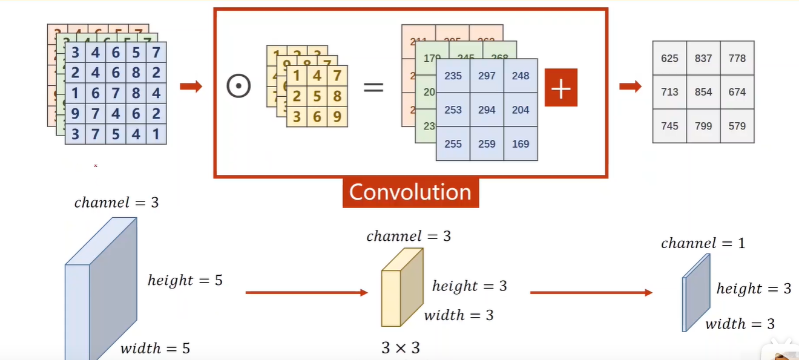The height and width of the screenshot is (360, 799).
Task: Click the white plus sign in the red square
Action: (x=561, y=88)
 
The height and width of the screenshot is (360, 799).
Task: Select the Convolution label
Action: (x=410, y=192)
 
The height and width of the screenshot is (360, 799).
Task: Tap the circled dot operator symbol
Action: (x=238, y=87)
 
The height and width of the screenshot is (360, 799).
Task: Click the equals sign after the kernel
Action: (x=373, y=87)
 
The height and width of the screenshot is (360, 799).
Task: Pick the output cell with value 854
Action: (x=703, y=92)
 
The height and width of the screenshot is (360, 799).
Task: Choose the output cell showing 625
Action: (x=669, y=58)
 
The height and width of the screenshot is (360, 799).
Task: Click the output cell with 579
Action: (x=737, y=126)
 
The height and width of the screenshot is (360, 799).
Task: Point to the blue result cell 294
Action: (x=487, y=110)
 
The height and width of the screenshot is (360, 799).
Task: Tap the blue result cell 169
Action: (x=521, y=143)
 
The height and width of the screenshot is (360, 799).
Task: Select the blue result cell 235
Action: (x=453, y=76)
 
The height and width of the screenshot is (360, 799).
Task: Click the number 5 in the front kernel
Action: (x=317, y=96)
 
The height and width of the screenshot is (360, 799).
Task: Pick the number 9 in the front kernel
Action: (x=337, y=116)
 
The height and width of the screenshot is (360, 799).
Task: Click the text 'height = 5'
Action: (x=185, y=280)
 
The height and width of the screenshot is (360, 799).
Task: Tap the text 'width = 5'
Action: (x=155, y=348)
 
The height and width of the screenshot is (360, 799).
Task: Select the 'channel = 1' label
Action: (x=703, y=243)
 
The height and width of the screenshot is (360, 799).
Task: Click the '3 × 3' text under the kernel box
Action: (x=400, y=348)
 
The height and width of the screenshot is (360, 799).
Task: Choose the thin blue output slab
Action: (x=696, y=292)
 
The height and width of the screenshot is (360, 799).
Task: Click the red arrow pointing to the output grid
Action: (x=630, y=87)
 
